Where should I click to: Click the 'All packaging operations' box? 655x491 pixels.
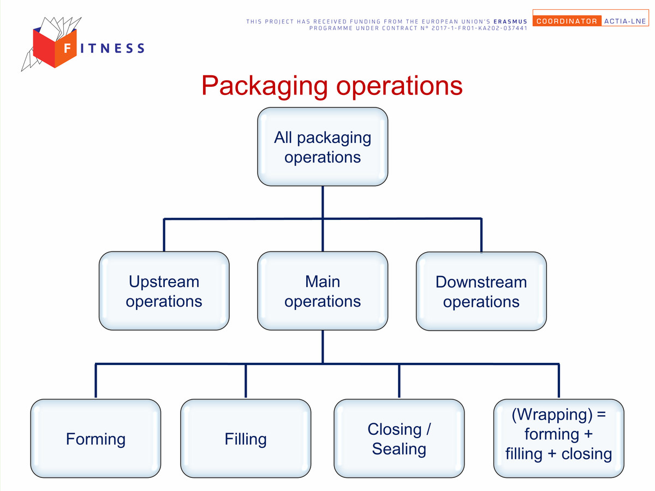click(323, 147)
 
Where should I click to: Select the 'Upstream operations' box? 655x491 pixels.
click(164, 291)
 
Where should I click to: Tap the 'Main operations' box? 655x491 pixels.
click(323, 291)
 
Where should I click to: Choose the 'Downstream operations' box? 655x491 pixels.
click(481, 291)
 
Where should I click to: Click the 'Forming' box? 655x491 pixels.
click(96, 438)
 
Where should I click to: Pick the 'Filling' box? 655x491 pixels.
click(246, 438)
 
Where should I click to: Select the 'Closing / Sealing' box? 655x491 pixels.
click(399, 438)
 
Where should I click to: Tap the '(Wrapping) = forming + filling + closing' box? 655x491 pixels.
click(558, 438)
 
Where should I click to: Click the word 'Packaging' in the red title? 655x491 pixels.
click(265, 86)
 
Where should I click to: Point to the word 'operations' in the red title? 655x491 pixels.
click(399, 86)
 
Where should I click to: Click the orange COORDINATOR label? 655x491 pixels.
click(567, 21)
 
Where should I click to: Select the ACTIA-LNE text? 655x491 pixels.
click(625, 21)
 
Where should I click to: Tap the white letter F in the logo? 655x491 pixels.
click(68, 48)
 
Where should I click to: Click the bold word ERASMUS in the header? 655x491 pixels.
click(510, 21)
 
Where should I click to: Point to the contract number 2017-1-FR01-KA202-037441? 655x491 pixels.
click(479, 28)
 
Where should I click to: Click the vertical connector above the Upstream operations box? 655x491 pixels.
click(164, 235)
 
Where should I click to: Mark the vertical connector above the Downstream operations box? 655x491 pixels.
click(481, 235)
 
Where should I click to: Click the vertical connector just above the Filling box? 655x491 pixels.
click(246, 381)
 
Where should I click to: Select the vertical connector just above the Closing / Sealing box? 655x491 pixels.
click(399, 381)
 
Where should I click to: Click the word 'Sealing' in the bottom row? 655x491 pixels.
click(399, 448)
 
